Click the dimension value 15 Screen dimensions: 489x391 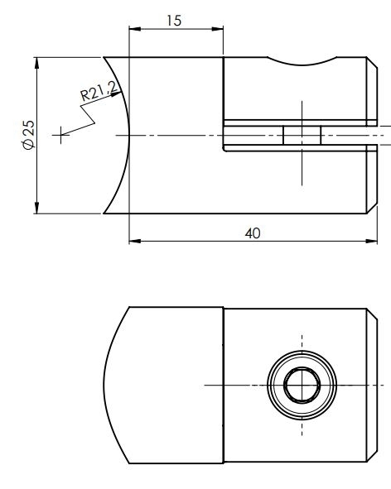pos(175,20)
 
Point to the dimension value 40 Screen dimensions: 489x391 pos(253,233)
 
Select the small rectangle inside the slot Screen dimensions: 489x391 pos(302,135)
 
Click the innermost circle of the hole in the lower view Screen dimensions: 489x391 pos(302,385)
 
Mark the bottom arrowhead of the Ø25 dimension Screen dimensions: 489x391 pos(37,208)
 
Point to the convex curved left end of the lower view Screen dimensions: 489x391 pos(107,385)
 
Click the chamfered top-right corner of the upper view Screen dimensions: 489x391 pos(367,62)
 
